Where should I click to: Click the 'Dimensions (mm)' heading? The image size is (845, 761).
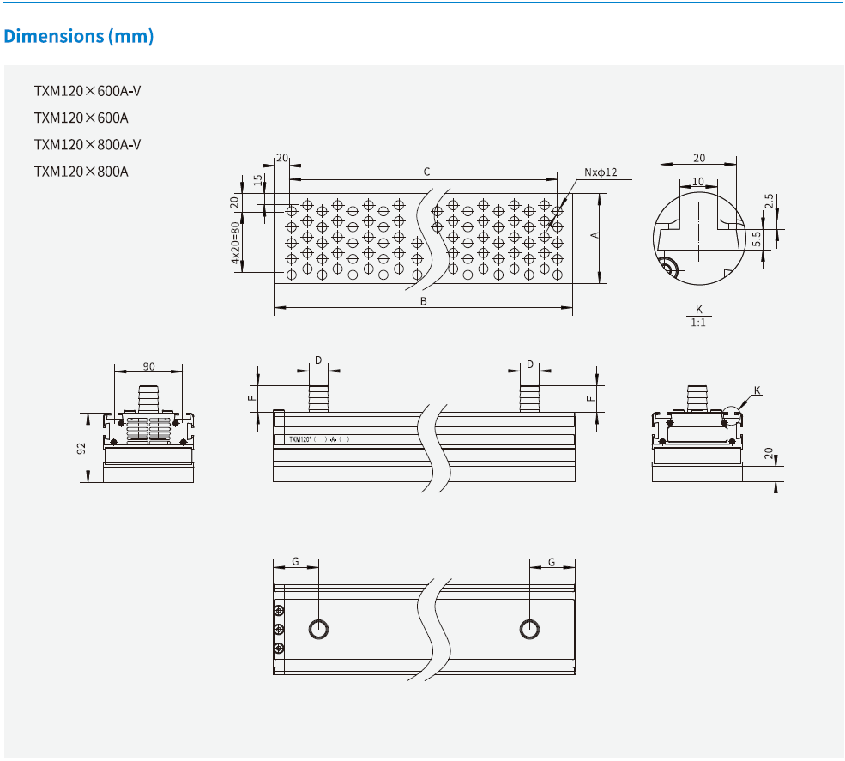point(79,37)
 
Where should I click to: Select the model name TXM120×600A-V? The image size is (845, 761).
point(87,91)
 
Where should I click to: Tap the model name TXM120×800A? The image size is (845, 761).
point(81,171)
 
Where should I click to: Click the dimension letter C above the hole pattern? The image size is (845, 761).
point(426,172)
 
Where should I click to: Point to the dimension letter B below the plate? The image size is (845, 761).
point(423,301)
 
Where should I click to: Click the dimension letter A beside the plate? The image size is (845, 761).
point(594,235)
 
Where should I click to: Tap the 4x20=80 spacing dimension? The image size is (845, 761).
point(234,246)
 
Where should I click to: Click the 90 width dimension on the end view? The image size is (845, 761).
point(148,366)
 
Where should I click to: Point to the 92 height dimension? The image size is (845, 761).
point(81,448)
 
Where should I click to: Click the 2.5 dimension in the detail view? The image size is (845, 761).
point(770,202)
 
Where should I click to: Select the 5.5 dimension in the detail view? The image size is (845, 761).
point(757,239)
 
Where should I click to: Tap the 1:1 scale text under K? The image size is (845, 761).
point(699,323)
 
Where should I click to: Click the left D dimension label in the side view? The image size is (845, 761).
point(318,361)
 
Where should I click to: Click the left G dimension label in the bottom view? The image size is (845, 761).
point(295,562)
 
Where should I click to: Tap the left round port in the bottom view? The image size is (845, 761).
point(318,629)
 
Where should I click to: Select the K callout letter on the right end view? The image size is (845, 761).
point(757,390)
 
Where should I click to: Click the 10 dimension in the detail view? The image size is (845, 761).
point(698,181)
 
